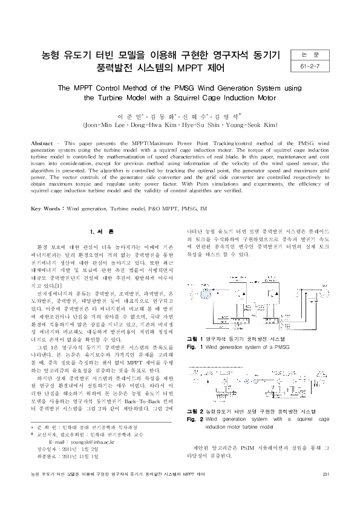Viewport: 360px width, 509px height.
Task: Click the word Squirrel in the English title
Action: pos(182,97)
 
